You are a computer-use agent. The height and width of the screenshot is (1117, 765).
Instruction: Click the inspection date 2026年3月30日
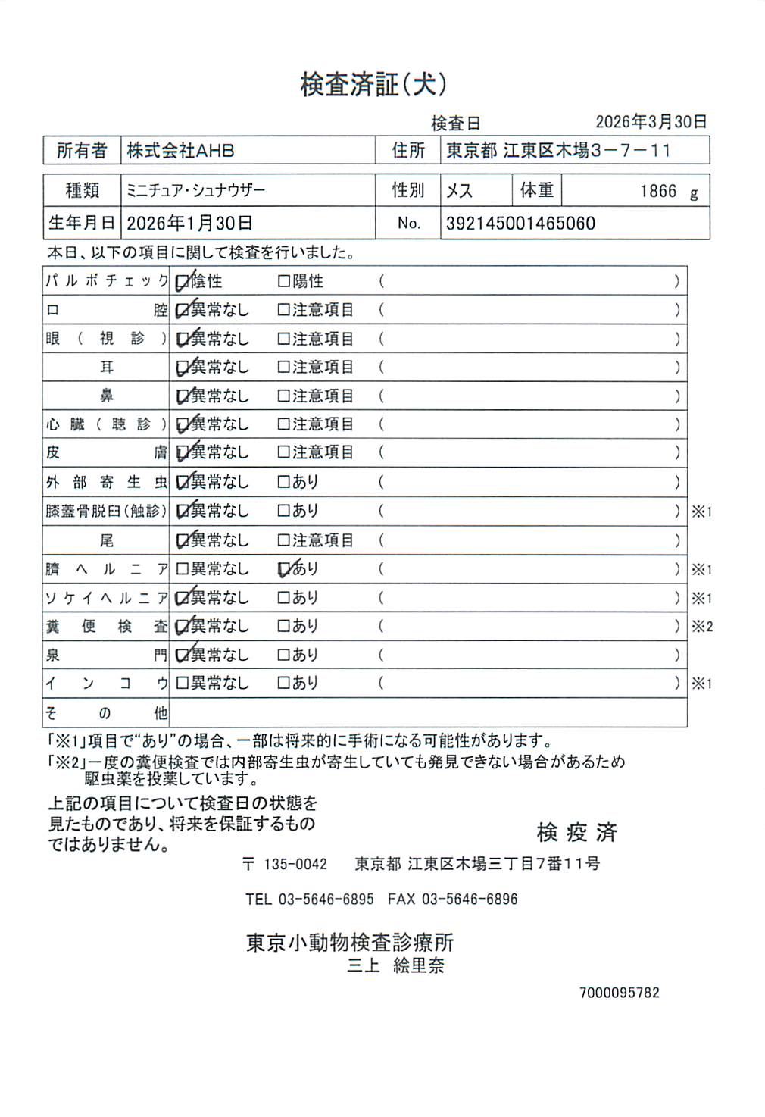tap(651, 122)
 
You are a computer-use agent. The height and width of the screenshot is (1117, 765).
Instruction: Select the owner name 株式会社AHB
tap(180, 151)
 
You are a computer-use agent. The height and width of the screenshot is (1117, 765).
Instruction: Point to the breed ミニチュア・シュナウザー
tap(195, 190)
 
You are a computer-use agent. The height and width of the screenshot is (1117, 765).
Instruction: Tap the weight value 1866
tap(657, 191)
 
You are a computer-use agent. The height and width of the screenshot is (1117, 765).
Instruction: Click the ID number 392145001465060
tap(520, 224)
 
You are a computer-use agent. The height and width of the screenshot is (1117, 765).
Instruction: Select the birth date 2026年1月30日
tap(189, 224)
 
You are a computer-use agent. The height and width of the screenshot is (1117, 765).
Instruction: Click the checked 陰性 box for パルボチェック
tap(183, 282)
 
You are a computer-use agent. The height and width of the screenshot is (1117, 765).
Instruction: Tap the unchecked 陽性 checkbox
tap(284, 281)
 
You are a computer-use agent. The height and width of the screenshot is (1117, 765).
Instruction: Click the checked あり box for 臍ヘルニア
tap(285, 569)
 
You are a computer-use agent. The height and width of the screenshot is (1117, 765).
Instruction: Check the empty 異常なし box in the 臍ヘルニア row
tap(182, 569)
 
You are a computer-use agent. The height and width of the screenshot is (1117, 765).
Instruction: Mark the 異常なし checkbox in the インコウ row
tap(182, 683)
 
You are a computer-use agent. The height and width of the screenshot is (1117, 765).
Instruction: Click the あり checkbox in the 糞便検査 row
tap(284, 626)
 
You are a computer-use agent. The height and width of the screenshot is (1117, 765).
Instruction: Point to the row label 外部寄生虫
tap(106, 482)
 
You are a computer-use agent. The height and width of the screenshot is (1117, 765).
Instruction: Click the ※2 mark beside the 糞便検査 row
tap(702, 627)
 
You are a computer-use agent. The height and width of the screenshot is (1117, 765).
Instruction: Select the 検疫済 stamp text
tap(577, 832)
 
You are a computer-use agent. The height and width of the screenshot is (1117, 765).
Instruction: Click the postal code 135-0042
tap(295, 864)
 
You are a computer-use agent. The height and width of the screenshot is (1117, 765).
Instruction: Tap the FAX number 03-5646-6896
tap(470, 900)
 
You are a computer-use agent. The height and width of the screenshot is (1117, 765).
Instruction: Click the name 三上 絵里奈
tap(395, 965)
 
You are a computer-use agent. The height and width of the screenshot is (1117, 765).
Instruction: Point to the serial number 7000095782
tap(619, 993)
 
